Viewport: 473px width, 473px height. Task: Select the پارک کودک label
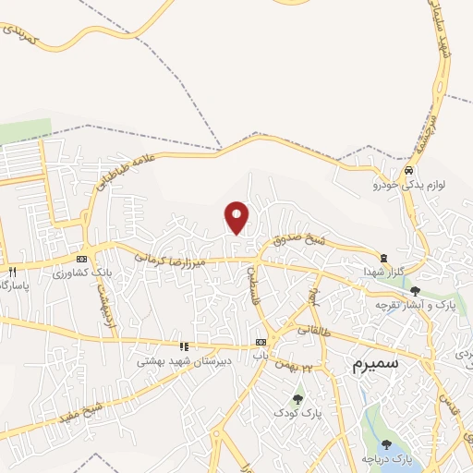pyautogui.click(x=297, y=415)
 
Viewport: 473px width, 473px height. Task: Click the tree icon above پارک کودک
pyautogui.click(x=297, y=400)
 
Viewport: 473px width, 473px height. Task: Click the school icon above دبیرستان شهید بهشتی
pyautogui.click(x=184, y=346)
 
